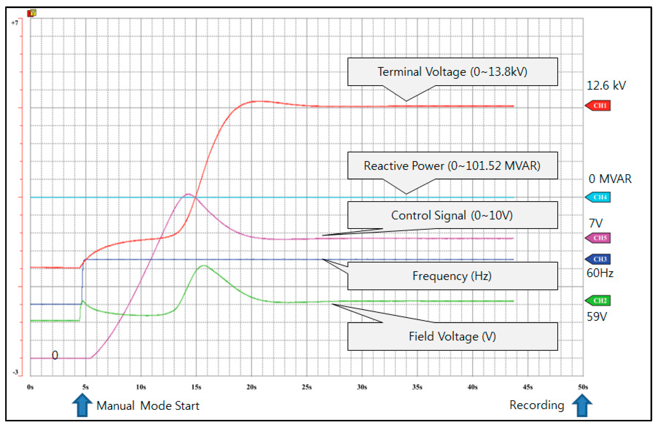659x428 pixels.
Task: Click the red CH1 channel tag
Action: (598, 106)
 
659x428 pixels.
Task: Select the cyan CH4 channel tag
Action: (598, 197)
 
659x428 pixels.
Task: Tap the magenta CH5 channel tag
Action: (598, 238)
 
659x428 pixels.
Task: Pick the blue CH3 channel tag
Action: (598, 259)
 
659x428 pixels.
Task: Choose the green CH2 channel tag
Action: (598, 300)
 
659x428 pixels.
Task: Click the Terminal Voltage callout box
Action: (453, 72)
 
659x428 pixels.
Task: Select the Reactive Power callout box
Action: (453, 165)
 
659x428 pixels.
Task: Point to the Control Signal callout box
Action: (453, 215)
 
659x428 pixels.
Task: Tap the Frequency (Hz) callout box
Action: (453, 276)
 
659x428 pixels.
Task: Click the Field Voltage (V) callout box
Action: (453, 336)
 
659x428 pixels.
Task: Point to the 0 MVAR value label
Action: (610, 179)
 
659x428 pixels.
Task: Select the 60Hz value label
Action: (600, 273)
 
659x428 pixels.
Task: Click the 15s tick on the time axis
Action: (196, 387)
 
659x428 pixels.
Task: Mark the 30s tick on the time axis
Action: (362, 387)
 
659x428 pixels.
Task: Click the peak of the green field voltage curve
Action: (204, 266)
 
